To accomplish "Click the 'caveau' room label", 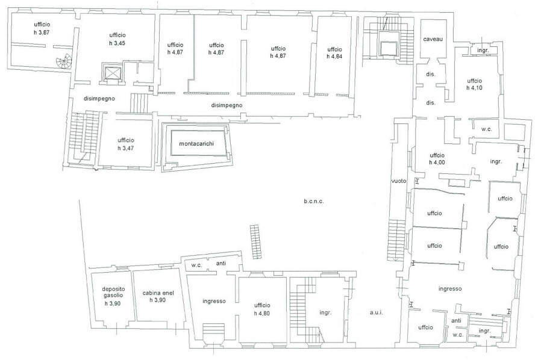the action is pos(433,39).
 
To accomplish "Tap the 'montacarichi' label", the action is pos(196,143).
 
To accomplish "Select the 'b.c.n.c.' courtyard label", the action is pos(314,201).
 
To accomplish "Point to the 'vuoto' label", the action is pos(399,181).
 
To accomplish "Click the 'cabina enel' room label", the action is pos(158,293).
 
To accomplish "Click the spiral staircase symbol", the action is pos(64,61).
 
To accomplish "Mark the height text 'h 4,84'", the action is pos(334,56).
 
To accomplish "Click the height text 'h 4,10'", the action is pos(474,87).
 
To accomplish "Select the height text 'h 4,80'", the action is pos(262,313).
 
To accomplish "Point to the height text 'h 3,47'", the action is pos(125,148).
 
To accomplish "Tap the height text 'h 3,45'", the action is pos(117,43).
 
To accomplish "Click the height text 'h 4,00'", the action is pos(437,162).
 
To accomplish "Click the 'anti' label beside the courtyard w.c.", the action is pos(221,263).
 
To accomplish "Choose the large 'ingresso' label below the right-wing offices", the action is pos(450,289).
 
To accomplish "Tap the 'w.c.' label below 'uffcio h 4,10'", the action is pos(487,129).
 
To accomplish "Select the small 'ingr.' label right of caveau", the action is pos(483,51).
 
